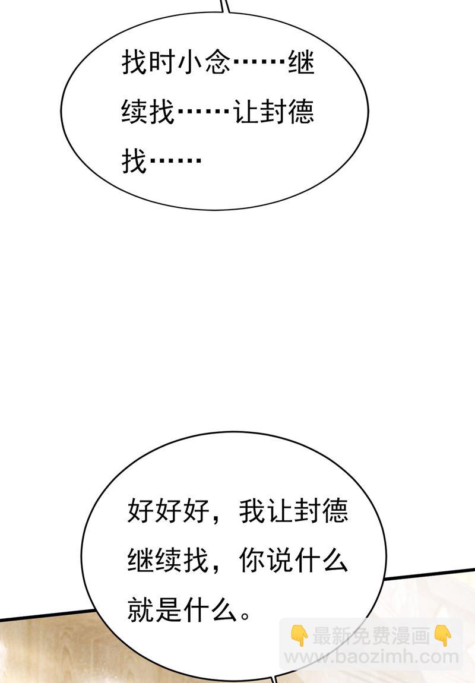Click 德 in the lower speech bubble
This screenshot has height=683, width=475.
pyautogui.click(x=335, y=511)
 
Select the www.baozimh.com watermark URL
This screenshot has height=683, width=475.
pyautogui.click(x=371, y=657)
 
